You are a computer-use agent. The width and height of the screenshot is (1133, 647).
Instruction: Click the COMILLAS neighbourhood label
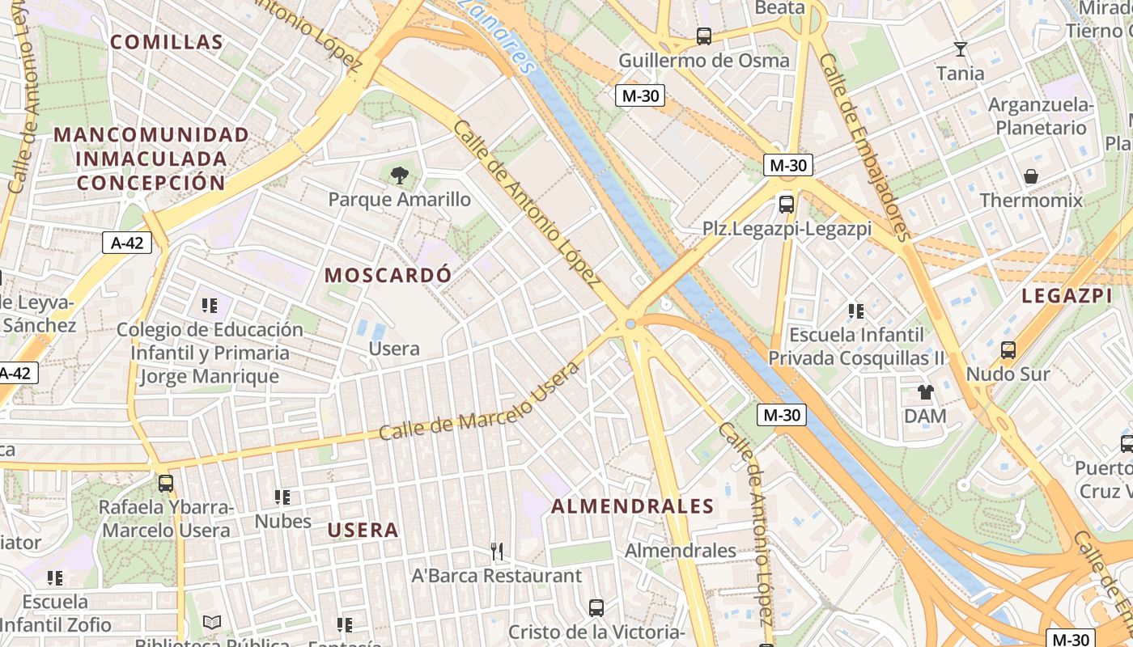point(166,42)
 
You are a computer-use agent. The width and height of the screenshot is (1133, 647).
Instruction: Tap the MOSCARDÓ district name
point(388,275)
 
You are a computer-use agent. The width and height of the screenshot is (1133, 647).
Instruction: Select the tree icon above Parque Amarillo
point(399,175)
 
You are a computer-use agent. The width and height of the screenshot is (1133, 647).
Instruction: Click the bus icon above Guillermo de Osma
point(704,36)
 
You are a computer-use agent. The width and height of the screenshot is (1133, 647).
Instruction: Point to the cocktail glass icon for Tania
point(961,49)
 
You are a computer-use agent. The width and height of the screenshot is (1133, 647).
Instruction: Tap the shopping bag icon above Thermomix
point(1031,176)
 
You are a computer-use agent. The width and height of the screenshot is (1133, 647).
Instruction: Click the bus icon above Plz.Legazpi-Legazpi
point(786,204)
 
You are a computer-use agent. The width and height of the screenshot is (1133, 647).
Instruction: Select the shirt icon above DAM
point(926,392)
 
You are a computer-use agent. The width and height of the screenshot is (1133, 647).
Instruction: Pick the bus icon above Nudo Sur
point(1008,350)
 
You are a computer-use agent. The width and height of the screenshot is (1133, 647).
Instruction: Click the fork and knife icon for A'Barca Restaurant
point(497,552)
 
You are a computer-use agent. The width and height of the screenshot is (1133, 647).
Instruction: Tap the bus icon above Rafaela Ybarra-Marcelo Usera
point(166,484)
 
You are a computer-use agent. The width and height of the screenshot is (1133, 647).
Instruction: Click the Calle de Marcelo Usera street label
point(479,402)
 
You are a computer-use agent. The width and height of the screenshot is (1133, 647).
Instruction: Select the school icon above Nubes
point(282,497)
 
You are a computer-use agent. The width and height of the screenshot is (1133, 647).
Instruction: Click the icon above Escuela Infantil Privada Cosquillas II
point(856,311)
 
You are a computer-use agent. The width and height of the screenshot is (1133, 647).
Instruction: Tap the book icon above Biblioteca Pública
point(212,622)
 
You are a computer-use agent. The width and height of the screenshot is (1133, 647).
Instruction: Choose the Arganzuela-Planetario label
point(1041,116)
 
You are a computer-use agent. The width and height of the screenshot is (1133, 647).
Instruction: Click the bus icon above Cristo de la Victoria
point(596,607)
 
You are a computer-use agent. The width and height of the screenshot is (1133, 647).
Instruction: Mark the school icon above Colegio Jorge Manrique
point(210,305)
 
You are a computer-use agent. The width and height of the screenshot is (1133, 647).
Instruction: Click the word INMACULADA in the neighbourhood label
point(151,158)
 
